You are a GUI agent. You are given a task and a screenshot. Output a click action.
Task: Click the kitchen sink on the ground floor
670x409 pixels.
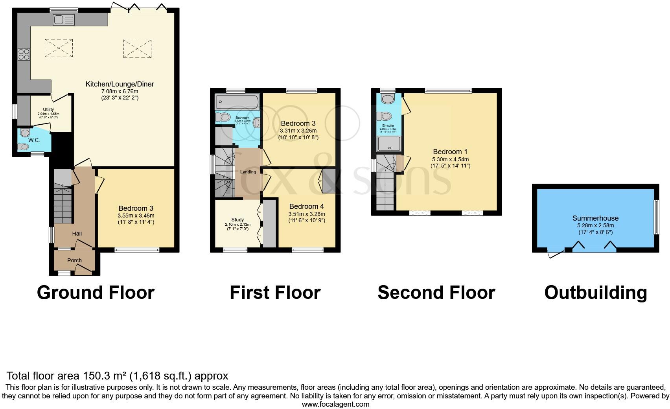pyautogui.click(x=63, y=20)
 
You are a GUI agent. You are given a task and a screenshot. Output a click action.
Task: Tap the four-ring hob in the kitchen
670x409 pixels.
pyautogui.click(x=24, y=54)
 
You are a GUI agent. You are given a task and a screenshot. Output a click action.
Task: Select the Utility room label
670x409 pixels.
pyautogui.click(x=48, y=109)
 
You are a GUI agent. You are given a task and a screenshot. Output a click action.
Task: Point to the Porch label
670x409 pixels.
pyautogui.click(x=74, y=260)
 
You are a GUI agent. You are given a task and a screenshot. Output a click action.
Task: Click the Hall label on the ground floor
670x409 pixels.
pyautogui.click(x=77, y=234)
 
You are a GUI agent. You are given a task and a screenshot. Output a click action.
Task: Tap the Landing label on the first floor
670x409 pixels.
pyautogui.click(x=248, y=172)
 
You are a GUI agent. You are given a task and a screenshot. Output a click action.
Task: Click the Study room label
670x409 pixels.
pyautogui.click(x=237, y=219)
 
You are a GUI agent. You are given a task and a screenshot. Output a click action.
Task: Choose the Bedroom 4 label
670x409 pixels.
pyautogui.click(x=307, y=206)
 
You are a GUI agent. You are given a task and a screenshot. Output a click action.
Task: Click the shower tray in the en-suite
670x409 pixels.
pyautogui.click(x=389, y=144)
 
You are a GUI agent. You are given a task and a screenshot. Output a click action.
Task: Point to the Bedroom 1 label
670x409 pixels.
pyautogui.click(x=450, y=152)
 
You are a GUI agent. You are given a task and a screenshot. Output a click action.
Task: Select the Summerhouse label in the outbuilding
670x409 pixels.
pyautogui.click(x=595, y=218)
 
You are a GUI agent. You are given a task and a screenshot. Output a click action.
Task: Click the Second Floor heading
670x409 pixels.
pyautogui.click(x=436, y=293)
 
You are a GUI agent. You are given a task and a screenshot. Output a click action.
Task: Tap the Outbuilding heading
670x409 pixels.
pyautogui.click(x=595, y=293)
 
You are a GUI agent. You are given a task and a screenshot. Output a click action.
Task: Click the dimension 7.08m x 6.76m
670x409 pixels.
pyautogui.click(x=120, y=91)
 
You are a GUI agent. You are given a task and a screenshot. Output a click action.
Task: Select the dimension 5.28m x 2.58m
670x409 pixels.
pyautogui.click(x=595, y=226)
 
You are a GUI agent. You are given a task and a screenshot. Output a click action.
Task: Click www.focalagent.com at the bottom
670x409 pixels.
pyautogui.click(x=335, y=404)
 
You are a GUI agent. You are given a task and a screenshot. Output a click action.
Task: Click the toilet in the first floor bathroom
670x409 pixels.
pyautogui.click(x=224, y=117)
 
